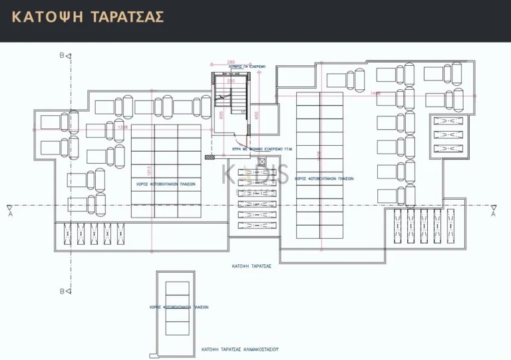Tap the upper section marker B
[x=62, y=56]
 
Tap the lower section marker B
[x=62, y=291]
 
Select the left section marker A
[x=9, y=214]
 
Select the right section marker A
[x=493, y=214]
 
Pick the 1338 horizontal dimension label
[x=122, y=127]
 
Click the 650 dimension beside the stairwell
[x=257, y=114]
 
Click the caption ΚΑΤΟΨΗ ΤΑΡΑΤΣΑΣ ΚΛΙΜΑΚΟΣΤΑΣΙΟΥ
[x=240, y=349]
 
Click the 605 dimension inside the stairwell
[x=221, y=114]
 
